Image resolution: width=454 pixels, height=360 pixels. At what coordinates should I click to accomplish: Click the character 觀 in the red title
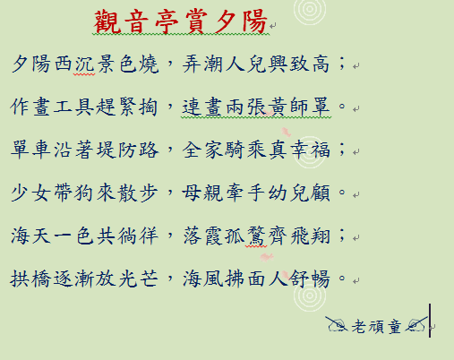(107, 21)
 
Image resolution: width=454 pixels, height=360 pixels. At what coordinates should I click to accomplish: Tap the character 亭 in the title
(167, 21)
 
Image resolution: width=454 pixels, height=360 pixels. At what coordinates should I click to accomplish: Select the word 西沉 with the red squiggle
(74, 64)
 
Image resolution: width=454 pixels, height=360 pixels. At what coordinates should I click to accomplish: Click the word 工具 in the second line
(74, 107)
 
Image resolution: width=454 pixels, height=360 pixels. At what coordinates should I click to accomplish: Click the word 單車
(31, 150)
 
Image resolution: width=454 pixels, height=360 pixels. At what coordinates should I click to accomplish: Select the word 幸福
(311, 150)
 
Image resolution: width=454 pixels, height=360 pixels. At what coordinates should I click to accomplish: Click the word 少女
(31, 193)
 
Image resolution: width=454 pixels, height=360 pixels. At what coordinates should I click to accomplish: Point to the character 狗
(85, 193)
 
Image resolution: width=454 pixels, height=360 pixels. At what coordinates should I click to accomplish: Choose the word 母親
(202, 193)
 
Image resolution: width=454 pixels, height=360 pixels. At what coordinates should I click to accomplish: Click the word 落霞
(203, 236)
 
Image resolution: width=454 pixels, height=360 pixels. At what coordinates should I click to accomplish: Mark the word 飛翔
(311, 236)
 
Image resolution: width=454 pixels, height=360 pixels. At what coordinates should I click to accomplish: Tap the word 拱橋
(30, 279)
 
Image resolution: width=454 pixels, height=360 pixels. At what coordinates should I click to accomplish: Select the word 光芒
(138, 279)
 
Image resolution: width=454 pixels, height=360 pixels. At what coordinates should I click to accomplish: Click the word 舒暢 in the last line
(311, 279)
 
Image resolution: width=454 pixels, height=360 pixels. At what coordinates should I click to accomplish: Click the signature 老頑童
(376, 326)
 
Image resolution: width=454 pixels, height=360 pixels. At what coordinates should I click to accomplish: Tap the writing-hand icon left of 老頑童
(337, 324)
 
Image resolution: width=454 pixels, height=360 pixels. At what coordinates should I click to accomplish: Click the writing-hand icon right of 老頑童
(416, 324)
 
